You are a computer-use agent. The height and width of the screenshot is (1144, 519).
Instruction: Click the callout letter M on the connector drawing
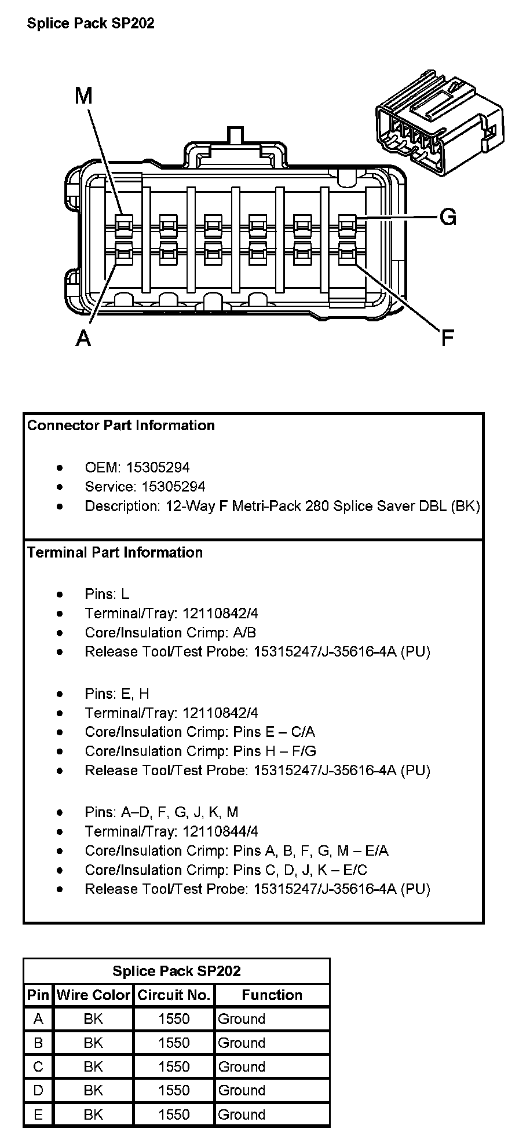pos(83,96)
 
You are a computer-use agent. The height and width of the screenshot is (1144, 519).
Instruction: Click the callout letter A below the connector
pos(83,338)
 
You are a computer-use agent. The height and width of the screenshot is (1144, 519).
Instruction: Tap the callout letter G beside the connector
pos(448,217)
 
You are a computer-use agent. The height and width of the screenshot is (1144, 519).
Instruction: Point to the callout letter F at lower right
pos(447,338)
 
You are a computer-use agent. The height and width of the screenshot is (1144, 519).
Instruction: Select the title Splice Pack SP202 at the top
pos(90,23)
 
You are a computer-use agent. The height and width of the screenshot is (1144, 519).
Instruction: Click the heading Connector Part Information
pos(121,426)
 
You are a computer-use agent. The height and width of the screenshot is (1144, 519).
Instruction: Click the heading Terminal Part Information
pos(115,552)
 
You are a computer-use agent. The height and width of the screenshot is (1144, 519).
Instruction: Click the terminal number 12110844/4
pos(220,831)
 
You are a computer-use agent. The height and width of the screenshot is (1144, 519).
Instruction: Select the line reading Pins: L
pos(107,594)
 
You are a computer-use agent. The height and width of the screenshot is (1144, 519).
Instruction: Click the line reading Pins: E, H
pos(117,694)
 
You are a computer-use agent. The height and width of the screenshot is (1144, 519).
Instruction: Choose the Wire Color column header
pos(93,995)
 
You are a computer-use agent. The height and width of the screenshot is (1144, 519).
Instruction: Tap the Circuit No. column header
pos(174,995)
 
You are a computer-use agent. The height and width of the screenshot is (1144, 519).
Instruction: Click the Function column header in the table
pos(272,995)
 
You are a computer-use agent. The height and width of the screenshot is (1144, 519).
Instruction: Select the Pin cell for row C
pos(38,1066)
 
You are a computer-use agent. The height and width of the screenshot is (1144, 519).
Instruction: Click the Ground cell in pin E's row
pos(242,1114)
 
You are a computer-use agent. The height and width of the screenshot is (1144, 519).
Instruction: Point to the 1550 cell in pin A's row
pos(174,1019)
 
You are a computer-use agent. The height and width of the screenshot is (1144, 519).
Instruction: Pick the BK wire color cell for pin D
pos(93,1091)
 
